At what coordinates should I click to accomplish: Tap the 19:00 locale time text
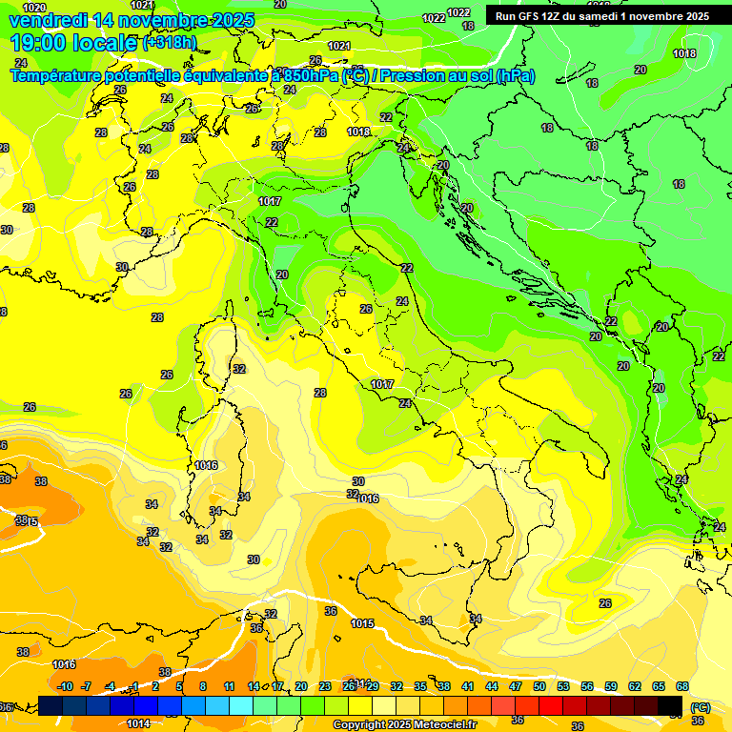coord(72,43)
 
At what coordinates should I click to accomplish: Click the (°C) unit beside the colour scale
coord(700,707)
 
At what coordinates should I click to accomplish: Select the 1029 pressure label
coord(33,8)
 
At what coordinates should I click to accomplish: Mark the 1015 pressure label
coord(361,623)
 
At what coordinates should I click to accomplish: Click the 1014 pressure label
coord(138,723)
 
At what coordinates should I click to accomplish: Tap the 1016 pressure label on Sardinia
coord(205,465)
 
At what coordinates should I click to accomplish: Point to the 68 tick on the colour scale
coord(682,686)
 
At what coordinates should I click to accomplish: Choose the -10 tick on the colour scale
coord(65,686)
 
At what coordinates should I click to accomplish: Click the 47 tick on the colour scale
coord(516,686)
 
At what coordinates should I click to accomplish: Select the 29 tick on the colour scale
coord(373,686)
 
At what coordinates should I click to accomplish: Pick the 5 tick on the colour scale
coord(179,686)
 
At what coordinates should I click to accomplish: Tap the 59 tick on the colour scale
coord(611,686)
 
